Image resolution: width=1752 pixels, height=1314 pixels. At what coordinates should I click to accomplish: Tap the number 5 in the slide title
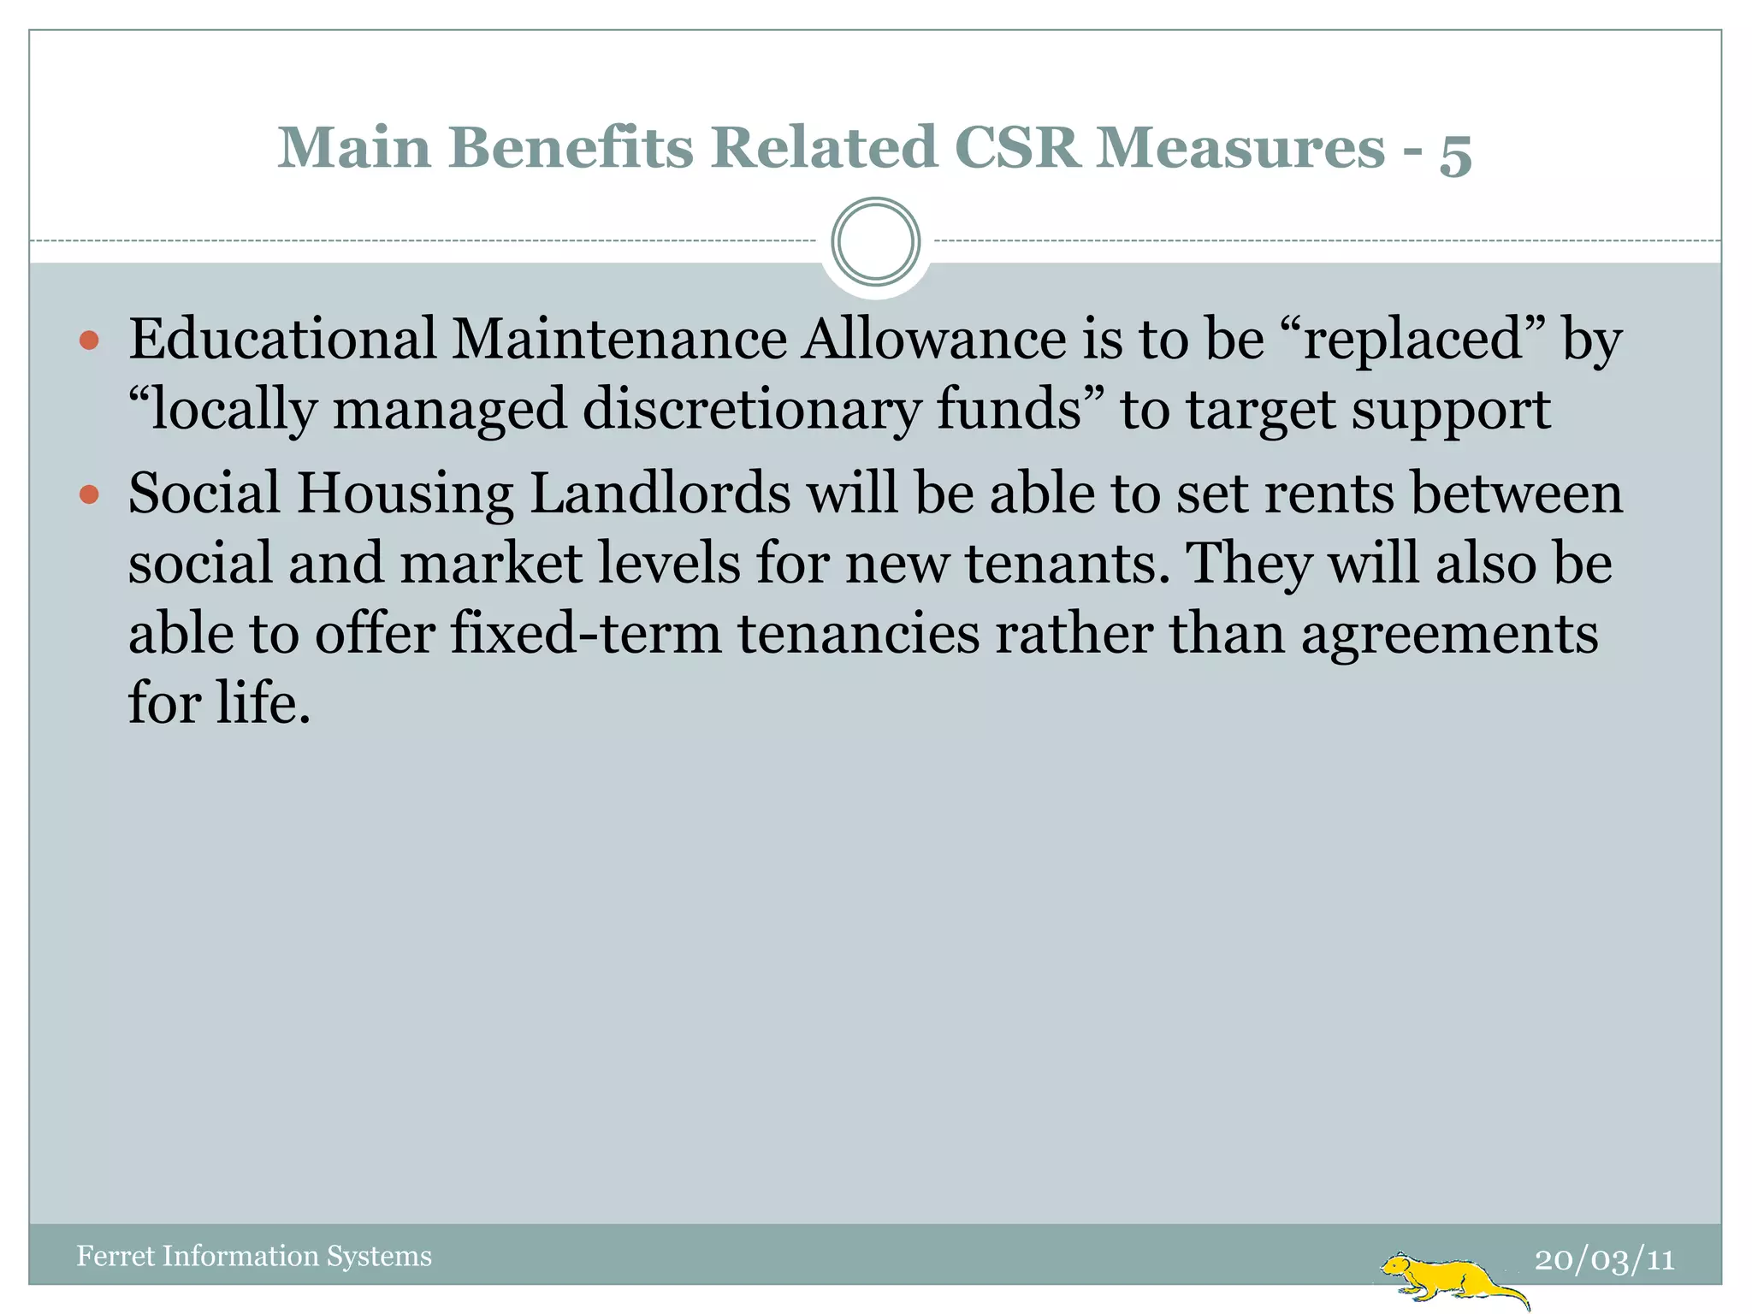click(1455, 152)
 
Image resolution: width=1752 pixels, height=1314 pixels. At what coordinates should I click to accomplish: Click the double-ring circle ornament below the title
click(875, 241)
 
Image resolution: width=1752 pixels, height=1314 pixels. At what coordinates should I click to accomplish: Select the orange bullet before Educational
click(89, 342)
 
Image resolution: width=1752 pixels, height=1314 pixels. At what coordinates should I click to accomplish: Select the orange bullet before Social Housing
click(89, 495)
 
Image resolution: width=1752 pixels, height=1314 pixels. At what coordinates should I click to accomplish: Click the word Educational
click(282, 339)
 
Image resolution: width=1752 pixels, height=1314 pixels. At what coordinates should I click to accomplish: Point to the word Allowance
click(933, 339)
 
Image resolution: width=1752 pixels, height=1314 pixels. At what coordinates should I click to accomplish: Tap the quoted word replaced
click(1413, 340)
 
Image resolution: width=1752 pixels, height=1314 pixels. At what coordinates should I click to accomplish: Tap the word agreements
click(1449, 635)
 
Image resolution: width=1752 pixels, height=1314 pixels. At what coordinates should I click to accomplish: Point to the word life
click(262, 703)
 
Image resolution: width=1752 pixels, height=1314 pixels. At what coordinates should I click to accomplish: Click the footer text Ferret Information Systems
click(254, 1256)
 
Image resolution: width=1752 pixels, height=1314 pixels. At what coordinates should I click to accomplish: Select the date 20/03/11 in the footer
click(1604, 1259)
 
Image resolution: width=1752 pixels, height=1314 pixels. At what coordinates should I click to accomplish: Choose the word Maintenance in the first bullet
click(619, 339)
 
